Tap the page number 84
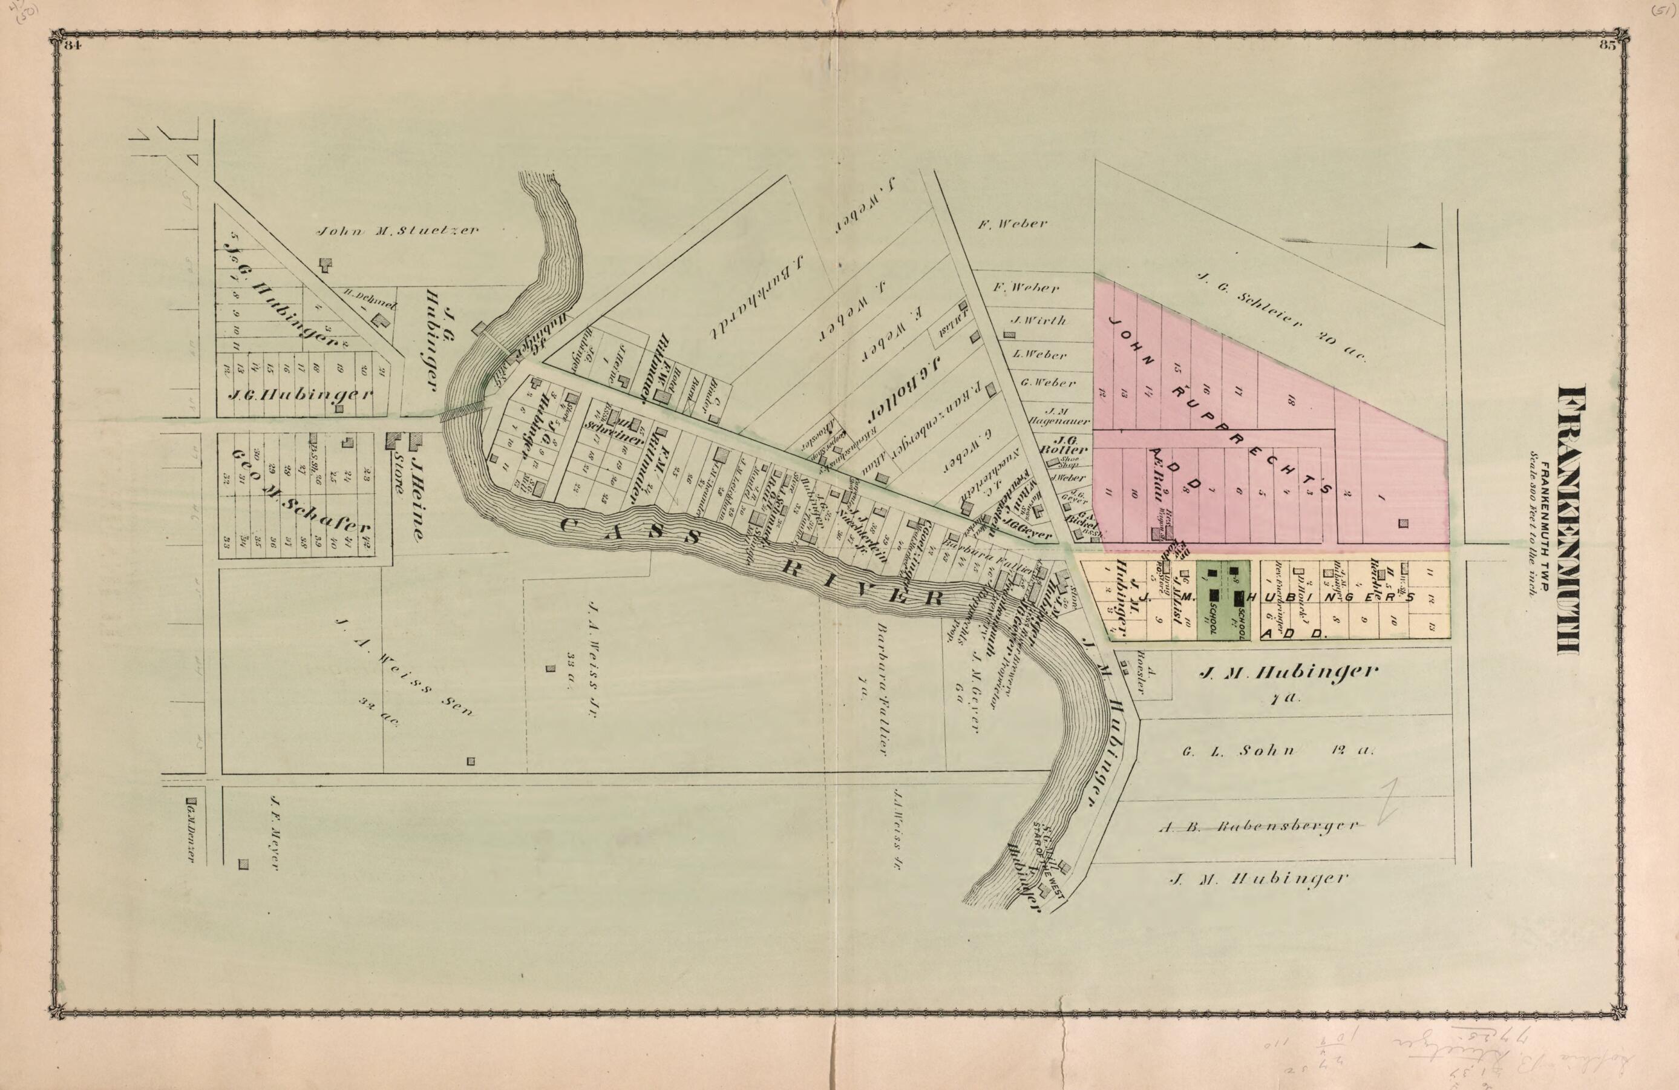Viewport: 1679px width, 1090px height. pos(73,46)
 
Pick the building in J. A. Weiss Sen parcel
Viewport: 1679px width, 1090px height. pos(471,761)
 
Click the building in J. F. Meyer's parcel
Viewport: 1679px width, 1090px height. pos(244,864)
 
